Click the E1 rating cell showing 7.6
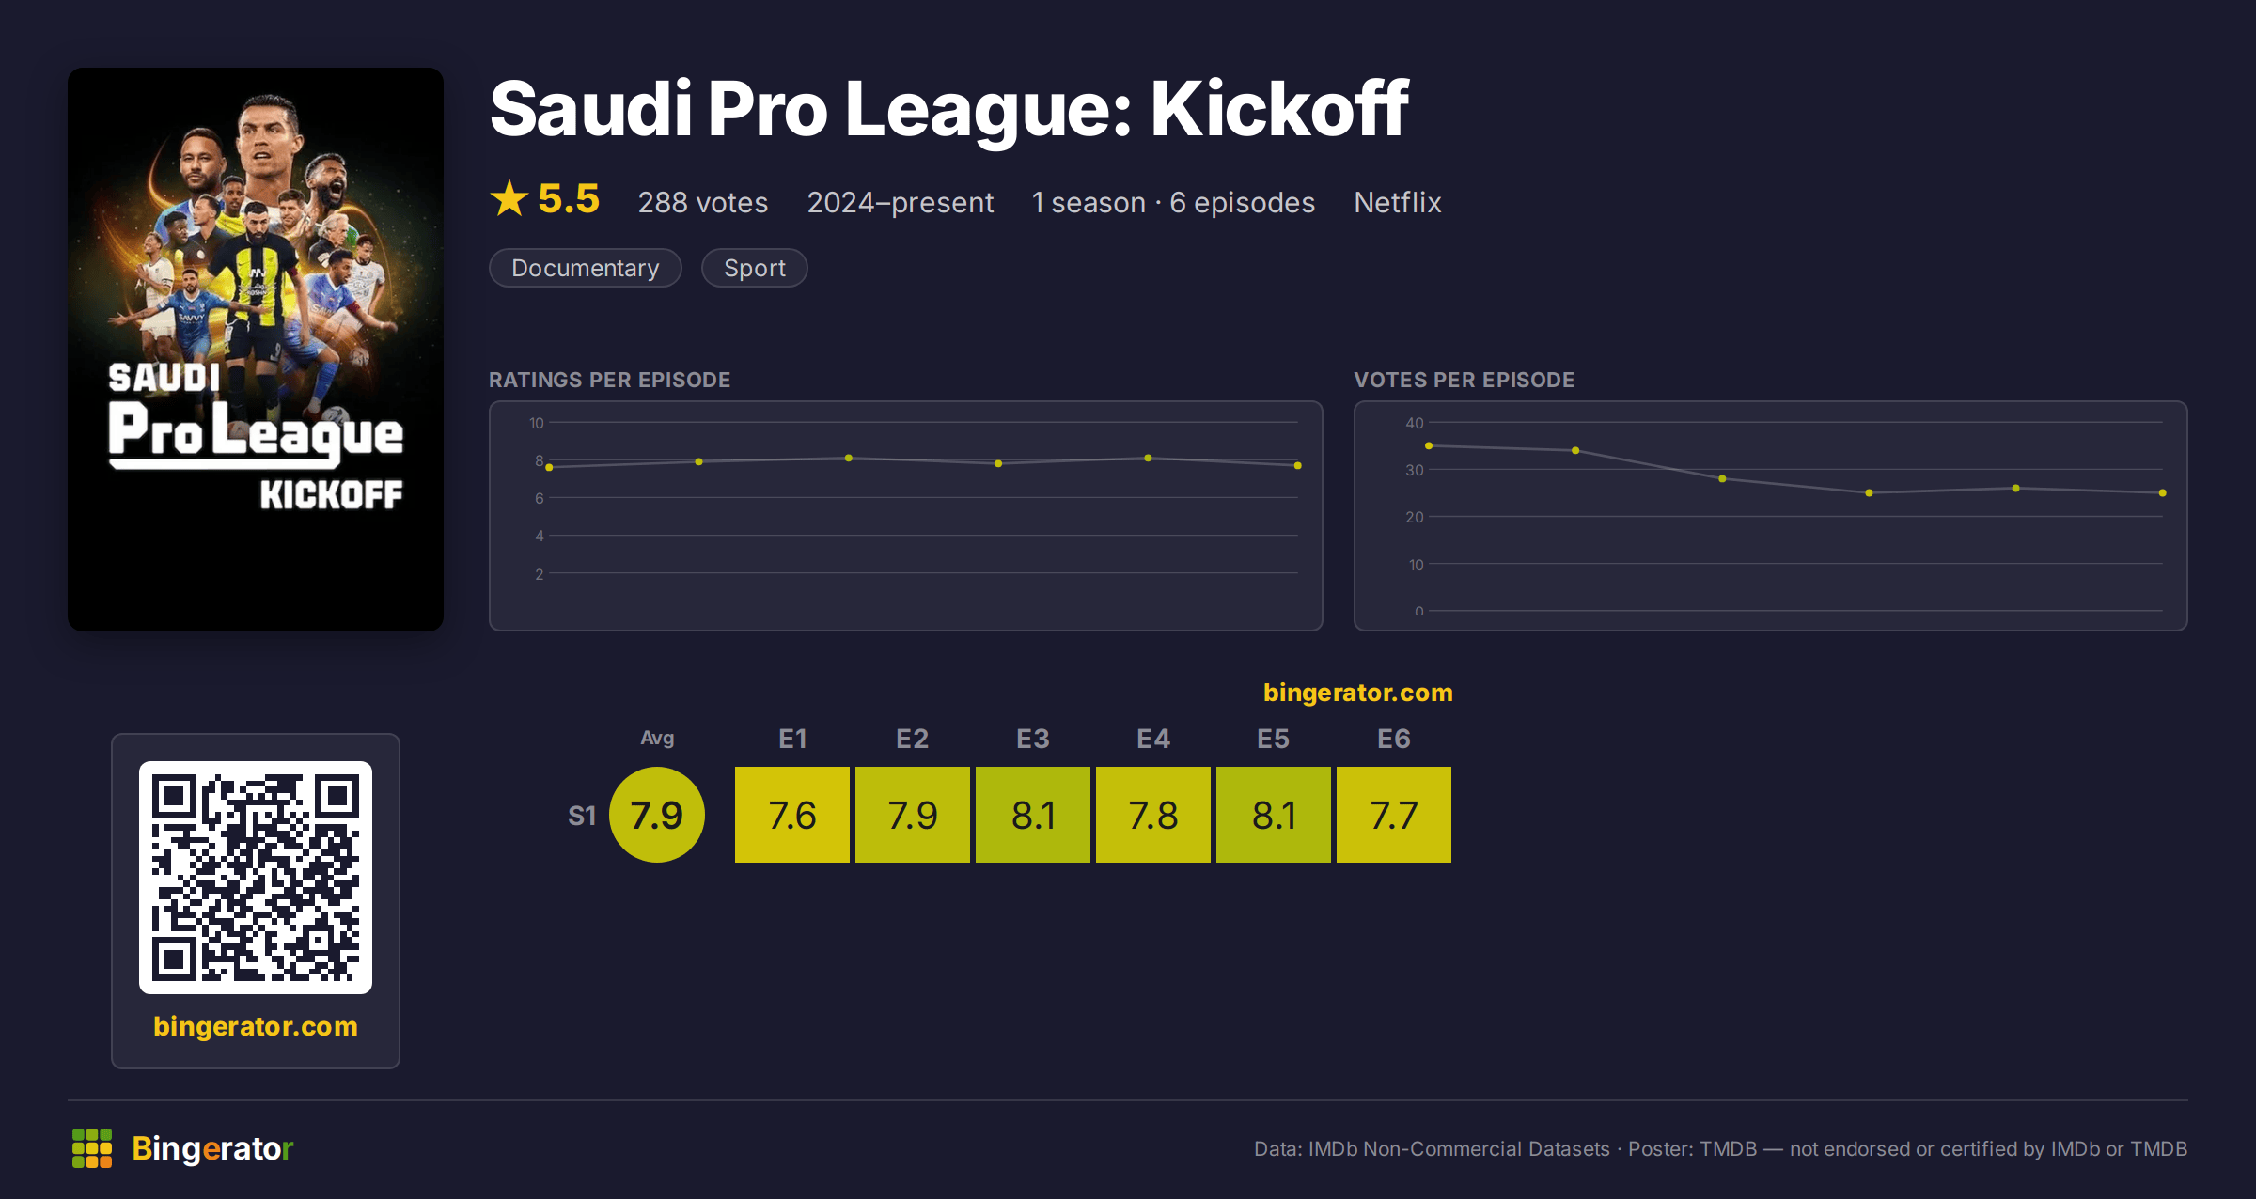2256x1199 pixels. click(792, 815)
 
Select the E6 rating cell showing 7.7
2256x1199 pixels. click(1394, 815)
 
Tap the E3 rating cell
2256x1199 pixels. click(1033, 815)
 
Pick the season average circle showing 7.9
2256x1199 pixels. click(657, 815)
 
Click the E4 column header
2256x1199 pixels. click(1153, 739)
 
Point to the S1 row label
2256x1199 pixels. click(582, 816)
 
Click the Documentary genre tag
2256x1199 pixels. click(586, 268)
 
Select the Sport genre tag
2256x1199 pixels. click(755, 268)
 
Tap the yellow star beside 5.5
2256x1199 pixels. click(509, 198)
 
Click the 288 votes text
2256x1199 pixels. click(703, 202)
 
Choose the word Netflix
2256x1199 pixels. click(1398, 202)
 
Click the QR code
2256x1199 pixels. click(256, 878)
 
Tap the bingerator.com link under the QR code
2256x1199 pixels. click(256, 1026)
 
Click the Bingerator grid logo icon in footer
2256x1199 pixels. click(92, 1148)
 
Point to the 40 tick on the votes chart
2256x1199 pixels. click(1415, 423)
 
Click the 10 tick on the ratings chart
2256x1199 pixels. click(537, 423)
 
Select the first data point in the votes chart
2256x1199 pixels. click(1429, 445)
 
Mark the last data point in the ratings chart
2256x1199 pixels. click(1298, 465)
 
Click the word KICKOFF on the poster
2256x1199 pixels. click(331, 494)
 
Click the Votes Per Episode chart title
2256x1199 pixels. click(1464, 380)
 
